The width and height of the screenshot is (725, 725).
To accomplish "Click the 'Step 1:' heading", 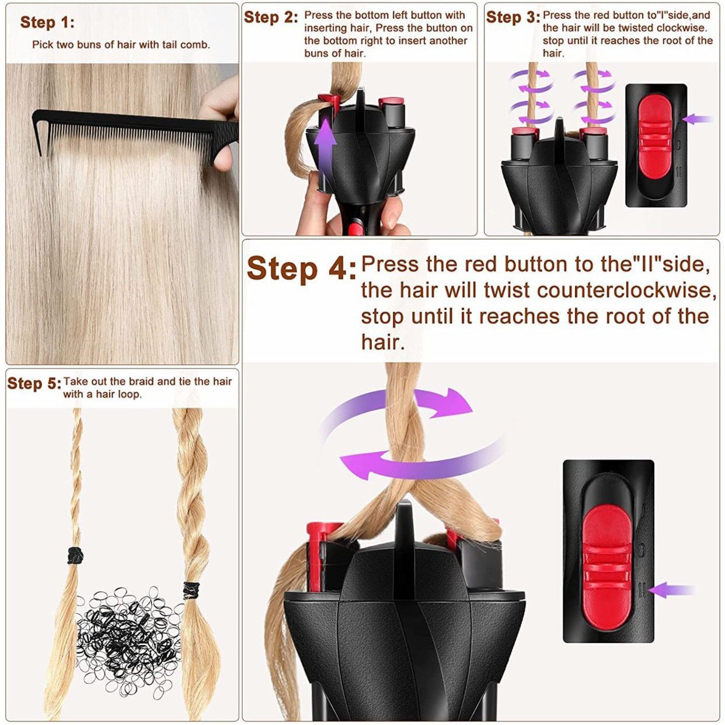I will pos(47,23).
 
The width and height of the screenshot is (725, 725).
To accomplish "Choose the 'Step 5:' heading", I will pos(34,384).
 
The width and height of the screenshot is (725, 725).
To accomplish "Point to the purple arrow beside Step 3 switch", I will pos(698,119).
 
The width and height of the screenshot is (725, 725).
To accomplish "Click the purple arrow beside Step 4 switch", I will pos(671,590).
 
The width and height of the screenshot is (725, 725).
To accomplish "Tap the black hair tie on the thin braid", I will pos(74,555).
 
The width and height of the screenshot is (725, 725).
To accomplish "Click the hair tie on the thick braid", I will pos(191,590).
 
